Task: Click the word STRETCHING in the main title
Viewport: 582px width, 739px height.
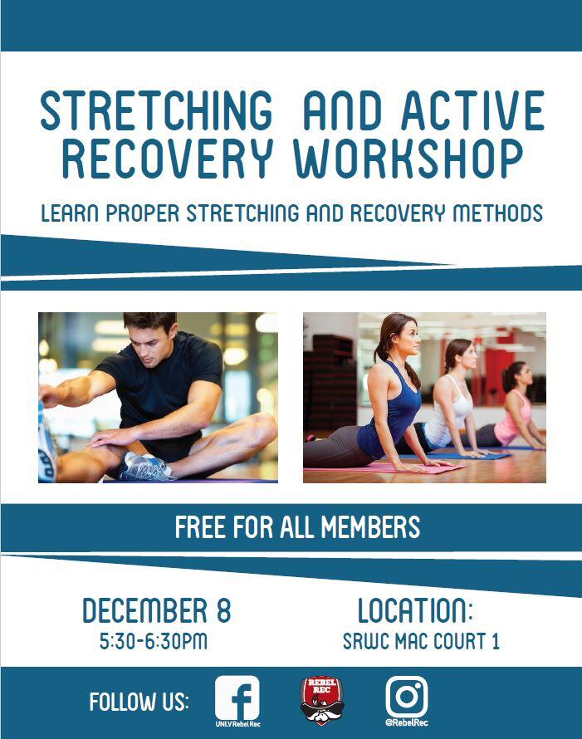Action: pos(156,110)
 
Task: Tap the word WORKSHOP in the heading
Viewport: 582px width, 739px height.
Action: pos(408,159)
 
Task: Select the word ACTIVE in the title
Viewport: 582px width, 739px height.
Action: pos(472,110)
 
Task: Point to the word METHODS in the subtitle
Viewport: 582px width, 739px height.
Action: pos(497,213)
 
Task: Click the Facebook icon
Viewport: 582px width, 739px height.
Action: pos(237,698)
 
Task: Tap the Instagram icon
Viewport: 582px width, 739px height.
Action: pos(407,697)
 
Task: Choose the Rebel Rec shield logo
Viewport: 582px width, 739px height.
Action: pos(322,700)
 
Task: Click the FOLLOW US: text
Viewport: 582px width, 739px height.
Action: pos(139,702)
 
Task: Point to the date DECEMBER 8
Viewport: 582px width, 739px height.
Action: pos(156,611)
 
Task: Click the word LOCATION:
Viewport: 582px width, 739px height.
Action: pos(414,611)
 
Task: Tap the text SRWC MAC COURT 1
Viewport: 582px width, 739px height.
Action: pos(421,642)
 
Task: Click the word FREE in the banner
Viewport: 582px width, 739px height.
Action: pos(200,527)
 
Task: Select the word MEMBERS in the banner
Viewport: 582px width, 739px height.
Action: pos(370,527)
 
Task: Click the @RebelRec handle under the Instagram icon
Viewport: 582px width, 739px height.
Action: pos(407,722)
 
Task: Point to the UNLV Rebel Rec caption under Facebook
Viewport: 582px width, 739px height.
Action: pos(237,724)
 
